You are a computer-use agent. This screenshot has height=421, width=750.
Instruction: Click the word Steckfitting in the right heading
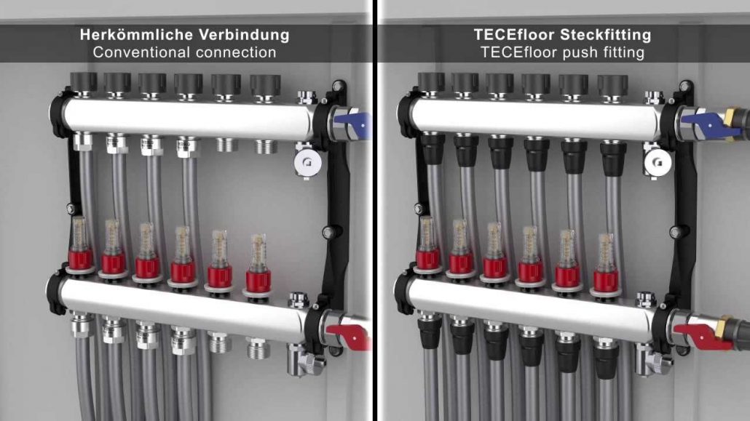pos(606,35)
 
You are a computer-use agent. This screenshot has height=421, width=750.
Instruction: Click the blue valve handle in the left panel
pos(353,124)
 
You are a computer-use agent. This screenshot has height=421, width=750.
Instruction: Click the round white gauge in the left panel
pos(307,163)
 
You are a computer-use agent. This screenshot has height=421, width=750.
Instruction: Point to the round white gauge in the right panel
pos(658,163)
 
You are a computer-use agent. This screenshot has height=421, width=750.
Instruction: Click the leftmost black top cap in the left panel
pos(84,83)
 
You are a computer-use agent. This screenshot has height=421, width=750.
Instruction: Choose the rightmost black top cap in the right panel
pos(612,86)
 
